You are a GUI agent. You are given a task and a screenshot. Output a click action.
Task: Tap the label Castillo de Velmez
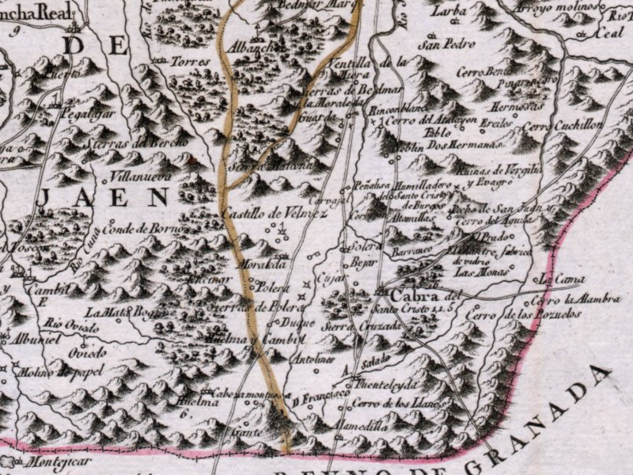pos(262,212)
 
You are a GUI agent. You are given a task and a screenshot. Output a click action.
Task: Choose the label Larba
pos(449,12)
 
